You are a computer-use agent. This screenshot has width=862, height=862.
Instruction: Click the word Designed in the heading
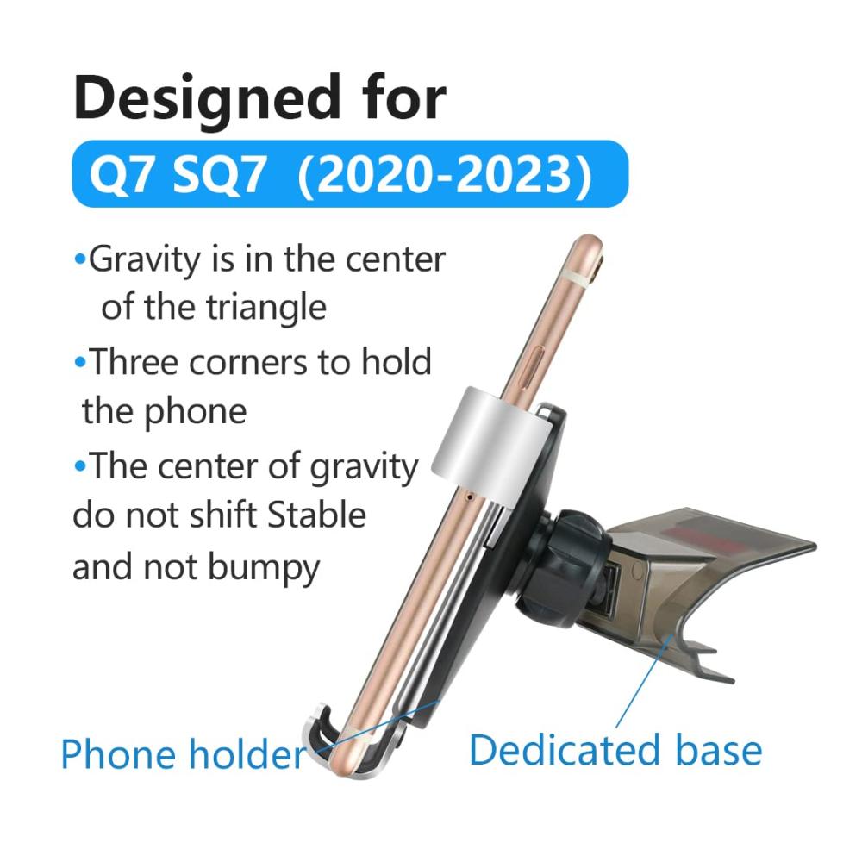[x=207, y=100]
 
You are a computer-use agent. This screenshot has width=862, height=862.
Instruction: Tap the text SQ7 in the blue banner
[x=219, y=175]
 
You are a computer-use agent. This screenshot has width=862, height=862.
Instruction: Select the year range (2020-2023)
[x=444, y=175]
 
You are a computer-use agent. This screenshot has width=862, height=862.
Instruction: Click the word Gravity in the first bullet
[x=145, y=260]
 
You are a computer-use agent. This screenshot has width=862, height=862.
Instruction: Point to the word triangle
[x=266, y=308]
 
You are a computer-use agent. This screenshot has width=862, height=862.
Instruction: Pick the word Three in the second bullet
[x=134, y=362]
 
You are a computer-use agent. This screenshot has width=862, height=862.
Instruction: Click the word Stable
[x=316, y=515]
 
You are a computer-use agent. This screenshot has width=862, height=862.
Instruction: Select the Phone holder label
[x=184, y=754]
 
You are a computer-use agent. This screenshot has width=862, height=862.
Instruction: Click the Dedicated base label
[x=615, y=751]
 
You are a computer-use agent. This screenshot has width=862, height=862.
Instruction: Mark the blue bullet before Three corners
[x=80, y=363]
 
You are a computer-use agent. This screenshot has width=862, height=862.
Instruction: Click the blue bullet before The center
[x=80, y=467]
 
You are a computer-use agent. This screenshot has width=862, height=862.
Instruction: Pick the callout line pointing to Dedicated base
[x=645, y=681]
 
